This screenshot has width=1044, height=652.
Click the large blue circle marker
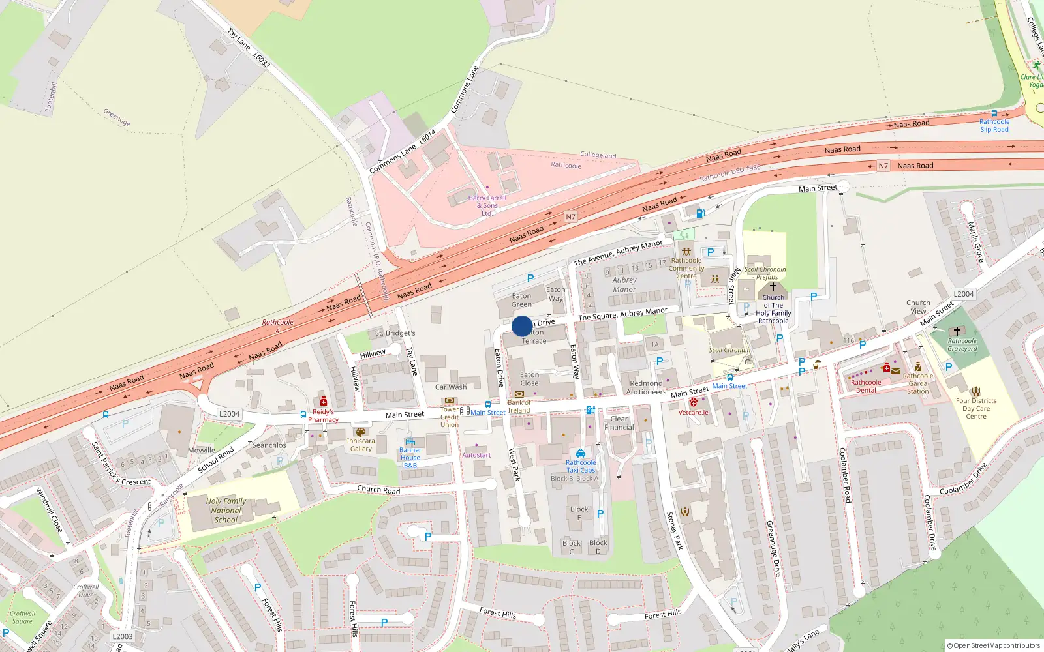(522, 326)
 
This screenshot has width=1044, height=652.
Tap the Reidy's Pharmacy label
(323, 415)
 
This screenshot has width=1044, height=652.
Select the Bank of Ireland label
(519, 406)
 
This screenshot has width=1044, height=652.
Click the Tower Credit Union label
(449, 417)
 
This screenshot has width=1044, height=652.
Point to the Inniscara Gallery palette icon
(360, 432)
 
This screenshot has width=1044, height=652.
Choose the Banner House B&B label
(410, 458)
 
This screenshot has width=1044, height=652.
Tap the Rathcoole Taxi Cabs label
(581, 466)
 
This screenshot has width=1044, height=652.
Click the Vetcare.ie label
(693, 412)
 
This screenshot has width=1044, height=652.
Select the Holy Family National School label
(226, 511)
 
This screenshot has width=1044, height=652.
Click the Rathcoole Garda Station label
(917, 383)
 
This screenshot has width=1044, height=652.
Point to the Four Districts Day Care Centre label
(976, 408)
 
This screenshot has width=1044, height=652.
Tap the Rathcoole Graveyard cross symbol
(957, 331)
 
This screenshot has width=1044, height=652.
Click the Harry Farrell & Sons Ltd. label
(487, 205)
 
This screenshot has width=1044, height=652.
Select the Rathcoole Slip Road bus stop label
(994, 125)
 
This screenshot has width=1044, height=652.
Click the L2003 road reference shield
(122, 636)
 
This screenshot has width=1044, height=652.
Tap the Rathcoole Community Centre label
(686, 268)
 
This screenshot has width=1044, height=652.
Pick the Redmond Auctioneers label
(646, 388)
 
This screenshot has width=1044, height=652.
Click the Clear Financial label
(619, 423)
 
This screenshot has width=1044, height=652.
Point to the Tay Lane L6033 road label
(248, 47)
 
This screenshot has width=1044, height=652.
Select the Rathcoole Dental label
(866, 386)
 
